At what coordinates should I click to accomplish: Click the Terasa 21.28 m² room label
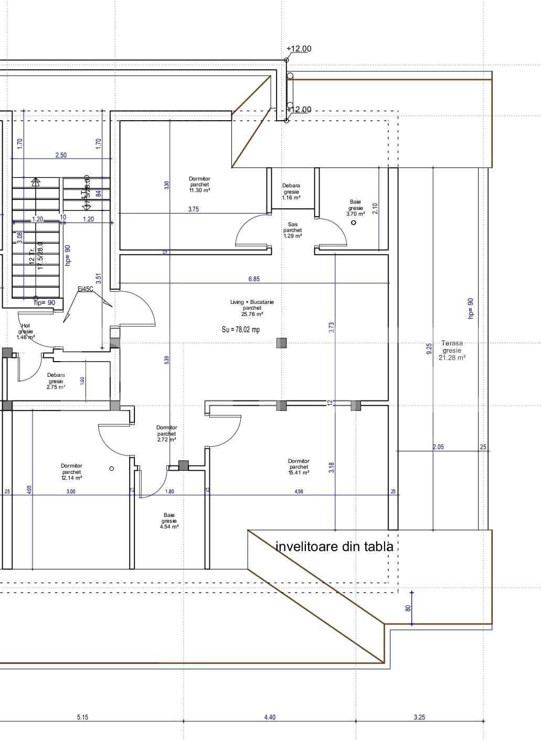[452, 350]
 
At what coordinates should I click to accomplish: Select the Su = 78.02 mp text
[240, 330]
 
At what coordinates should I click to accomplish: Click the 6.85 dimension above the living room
[254, 279]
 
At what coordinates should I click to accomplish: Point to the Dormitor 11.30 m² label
[199, 185]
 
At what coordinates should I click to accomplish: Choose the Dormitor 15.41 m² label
[299, 467]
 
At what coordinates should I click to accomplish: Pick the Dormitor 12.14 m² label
[71, 471]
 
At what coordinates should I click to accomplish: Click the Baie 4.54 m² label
[169, 521]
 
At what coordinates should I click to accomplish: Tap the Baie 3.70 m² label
[355, 208]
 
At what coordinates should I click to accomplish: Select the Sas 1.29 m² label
[292, 230]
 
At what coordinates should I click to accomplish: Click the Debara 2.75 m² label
[56, 381]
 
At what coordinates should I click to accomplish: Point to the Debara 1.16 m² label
[291, 192]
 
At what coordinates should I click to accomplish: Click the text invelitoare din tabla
[334, 546]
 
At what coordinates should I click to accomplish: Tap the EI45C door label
[86, 289]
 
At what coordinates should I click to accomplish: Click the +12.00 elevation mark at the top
[299, 49]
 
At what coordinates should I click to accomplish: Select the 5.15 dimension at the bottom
[82, 717]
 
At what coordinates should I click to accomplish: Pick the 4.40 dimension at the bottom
[270, 717]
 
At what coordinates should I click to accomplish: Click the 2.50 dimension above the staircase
[61, 155]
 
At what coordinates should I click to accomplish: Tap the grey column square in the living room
[282, 343]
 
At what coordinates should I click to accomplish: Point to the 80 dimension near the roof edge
[408, 608]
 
